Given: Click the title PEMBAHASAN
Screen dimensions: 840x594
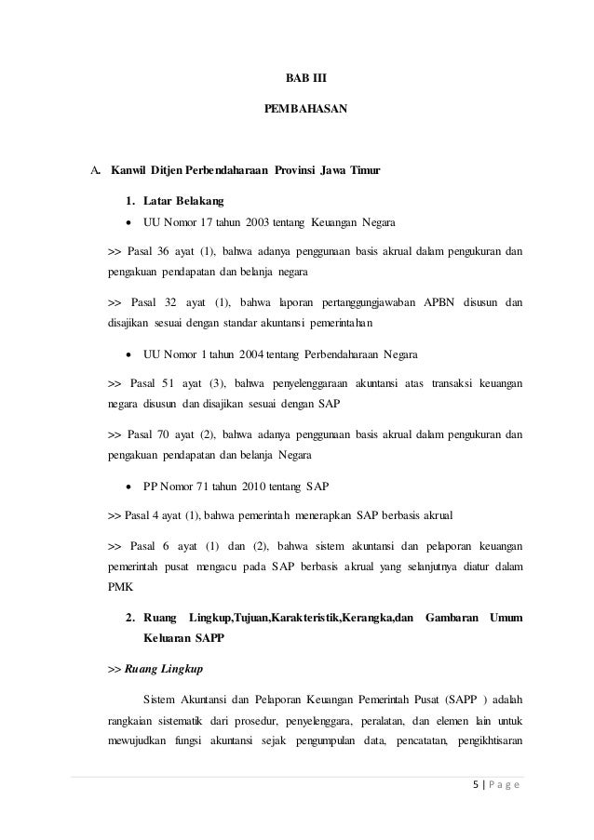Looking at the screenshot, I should pos(299,109).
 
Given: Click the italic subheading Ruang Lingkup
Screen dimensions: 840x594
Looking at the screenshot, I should pos(166,668).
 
